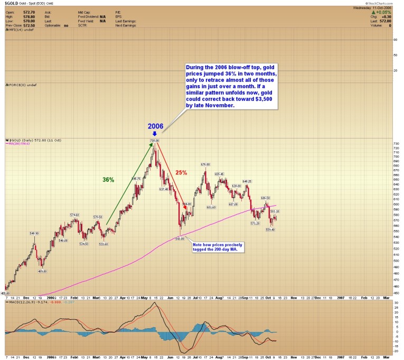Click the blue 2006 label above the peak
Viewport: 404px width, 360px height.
[x=155, y=127]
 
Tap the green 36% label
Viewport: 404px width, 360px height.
[x=108, y=180]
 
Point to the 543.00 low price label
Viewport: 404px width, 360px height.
[x=180, y=238]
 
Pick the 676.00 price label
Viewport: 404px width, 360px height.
[x=205, y=164]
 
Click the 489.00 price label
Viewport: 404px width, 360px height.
[x=42, y=271]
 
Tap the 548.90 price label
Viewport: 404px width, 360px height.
[x=34, y=233]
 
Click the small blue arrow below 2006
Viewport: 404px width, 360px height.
[x=155, y=134]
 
